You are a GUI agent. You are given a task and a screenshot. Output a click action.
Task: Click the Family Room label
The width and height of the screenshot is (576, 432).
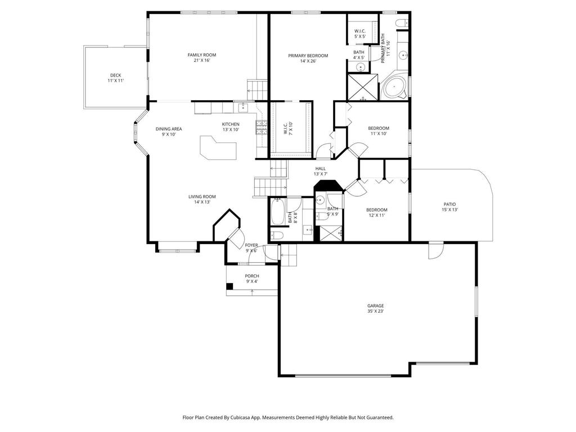pyautogui.click(x=202, y=55)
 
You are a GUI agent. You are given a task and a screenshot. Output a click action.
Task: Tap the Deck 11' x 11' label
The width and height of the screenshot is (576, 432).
pyautogui.click(x=115, y=78)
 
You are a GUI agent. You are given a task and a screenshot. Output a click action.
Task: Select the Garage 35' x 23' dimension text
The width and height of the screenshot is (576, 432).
pyautogui.click(x=375, y=311)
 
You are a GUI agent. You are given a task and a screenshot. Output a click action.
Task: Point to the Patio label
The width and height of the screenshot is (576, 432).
pyautogui.click(x=449, y=204)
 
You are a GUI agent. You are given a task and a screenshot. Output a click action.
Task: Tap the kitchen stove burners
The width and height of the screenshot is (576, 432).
pyautogui.click(x=262, y=128)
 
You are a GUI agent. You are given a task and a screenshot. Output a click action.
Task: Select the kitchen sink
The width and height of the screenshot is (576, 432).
pyautogui.click(x=243, y=107)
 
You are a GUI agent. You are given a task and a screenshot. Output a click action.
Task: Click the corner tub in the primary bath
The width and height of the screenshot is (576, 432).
pyautogui.click(x=394, y=87)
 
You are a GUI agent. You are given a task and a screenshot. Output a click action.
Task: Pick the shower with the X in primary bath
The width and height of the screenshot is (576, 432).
pyautogui.click(x=363, y=87)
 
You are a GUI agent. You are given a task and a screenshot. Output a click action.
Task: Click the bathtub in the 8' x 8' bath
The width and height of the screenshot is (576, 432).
pyautogui.click(x=278, y=211)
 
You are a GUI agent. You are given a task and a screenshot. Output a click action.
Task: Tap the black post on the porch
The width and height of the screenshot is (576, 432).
pyautogui.click(x=229, y=286)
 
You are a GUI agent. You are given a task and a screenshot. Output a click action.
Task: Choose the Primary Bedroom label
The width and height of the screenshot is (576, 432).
pyautogui.click(x=308, y=56)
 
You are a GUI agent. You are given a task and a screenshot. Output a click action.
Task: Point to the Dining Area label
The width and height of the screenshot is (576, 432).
pyautogui.click(x=169, y=129)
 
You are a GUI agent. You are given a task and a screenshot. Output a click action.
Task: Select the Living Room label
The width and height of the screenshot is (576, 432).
pyautogui.click(x=202, y=196)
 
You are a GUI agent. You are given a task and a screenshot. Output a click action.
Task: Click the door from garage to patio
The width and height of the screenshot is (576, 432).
pyautogui.click(x=436, y=250)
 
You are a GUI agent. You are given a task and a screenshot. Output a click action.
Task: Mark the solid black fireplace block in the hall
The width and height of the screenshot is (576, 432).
pyautogui.click(x=328, y=186)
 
